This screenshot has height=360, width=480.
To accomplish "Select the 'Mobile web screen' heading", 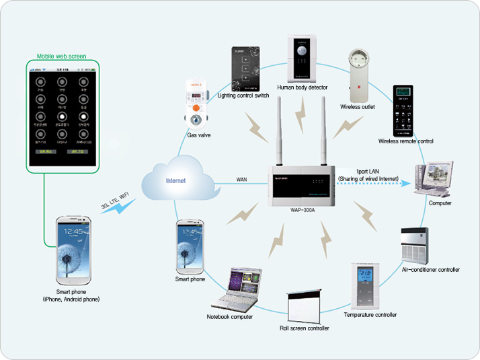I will (61, 56).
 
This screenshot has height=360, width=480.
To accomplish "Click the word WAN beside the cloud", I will (243, 179).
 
